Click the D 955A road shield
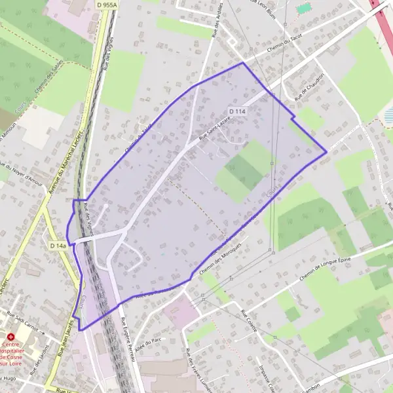coord(105,5)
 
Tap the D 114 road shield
coord(238,111)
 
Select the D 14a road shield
coord(58,246)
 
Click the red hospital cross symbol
coord(10,335)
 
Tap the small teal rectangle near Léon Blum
coord(303,9)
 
